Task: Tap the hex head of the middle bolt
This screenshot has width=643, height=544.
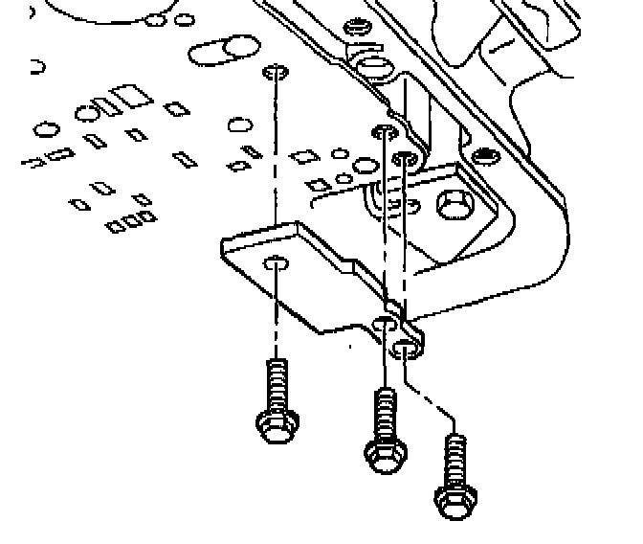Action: tap(385, 452)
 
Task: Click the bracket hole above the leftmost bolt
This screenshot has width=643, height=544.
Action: tap(276, 263)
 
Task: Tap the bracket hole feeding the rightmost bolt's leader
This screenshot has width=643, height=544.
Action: tap(407, 344)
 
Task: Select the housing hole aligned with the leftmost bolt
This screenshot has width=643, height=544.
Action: tap(275, 73)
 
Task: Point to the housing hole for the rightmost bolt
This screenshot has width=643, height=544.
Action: tap(406, 157)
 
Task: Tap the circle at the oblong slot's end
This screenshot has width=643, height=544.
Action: tap(233, 51)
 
